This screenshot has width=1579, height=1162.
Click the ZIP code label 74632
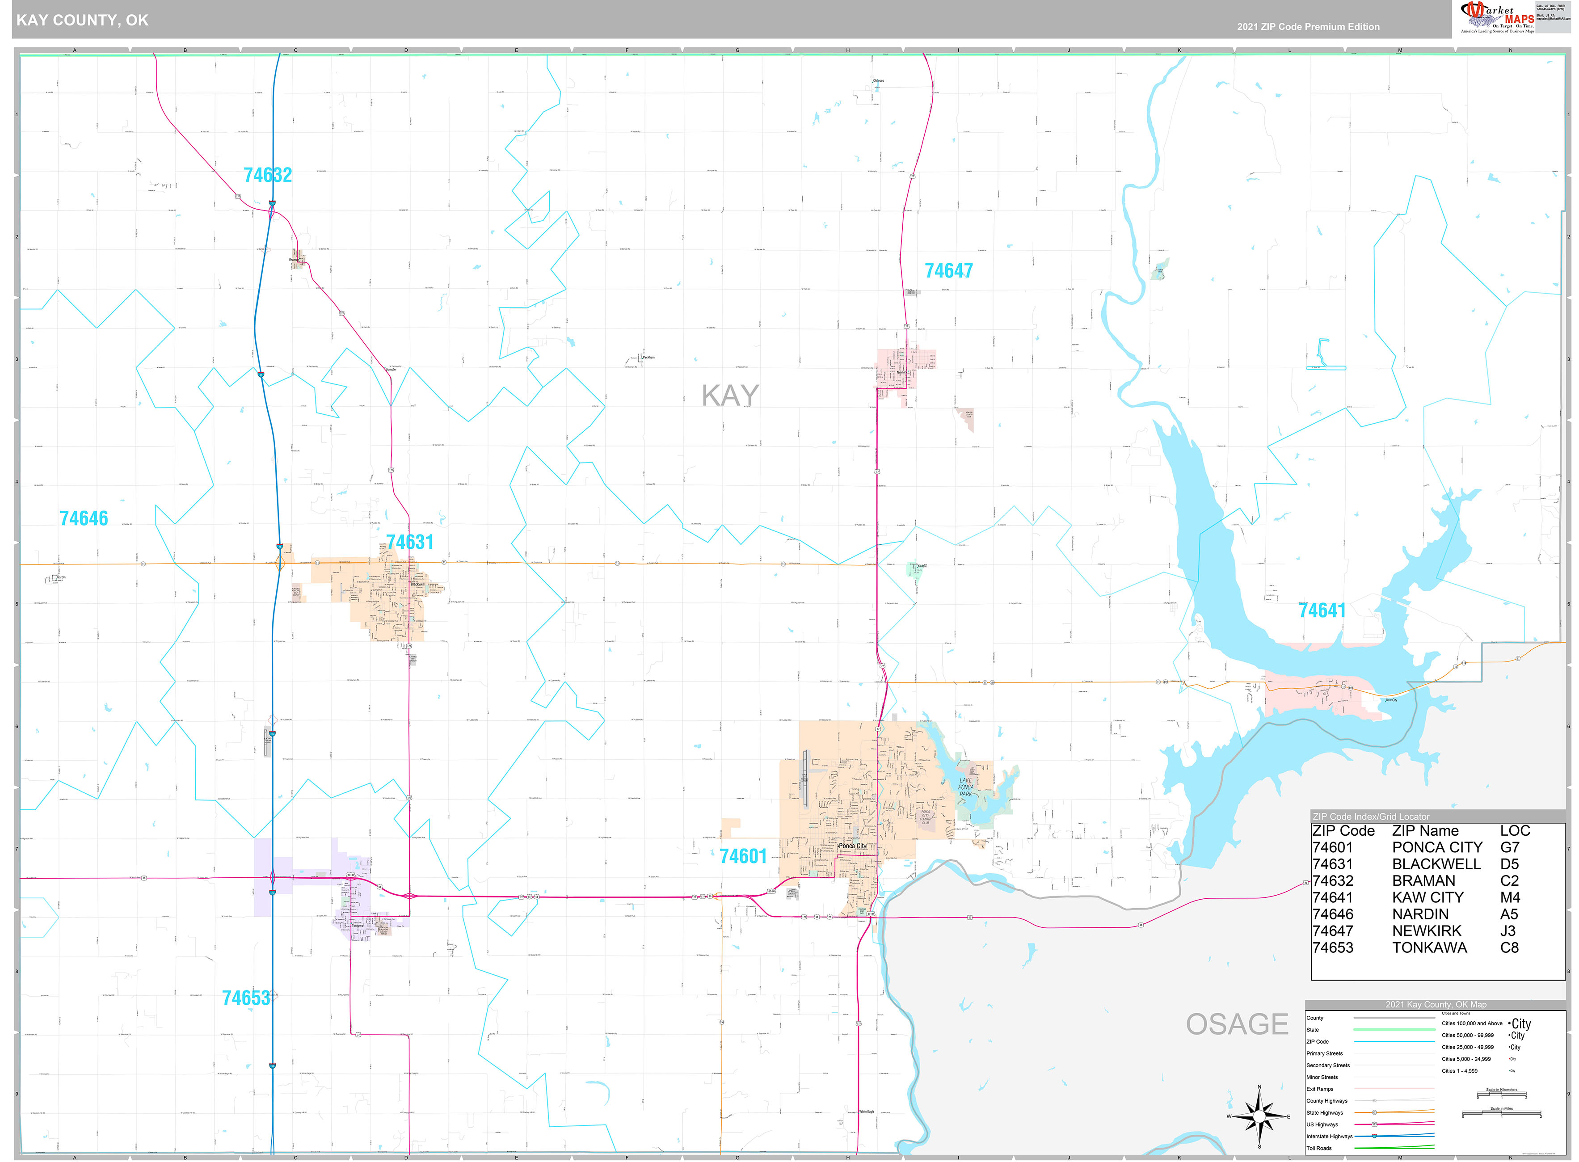pos(267,175)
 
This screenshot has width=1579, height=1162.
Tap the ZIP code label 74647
pos(948,271)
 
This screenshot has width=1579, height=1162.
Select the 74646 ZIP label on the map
pos(84,518)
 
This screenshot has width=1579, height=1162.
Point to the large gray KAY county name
pos(730,396)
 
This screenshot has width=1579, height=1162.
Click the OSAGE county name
pos(1237,1024)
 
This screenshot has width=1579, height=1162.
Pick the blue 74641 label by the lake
pos(1322,610)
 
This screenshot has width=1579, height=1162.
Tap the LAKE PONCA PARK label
pos(966,787)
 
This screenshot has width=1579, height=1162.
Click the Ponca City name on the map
pos(852,846)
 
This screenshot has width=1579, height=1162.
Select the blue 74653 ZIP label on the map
pos(245,998)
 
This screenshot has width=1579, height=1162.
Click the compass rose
pos(1259,1116)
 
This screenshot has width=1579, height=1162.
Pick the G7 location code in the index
pos(1509,847)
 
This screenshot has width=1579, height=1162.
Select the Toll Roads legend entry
pos(1319,1149)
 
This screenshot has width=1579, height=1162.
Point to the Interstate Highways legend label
pos(1329,1137)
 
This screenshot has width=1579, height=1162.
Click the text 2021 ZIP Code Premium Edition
pos(1308,27)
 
